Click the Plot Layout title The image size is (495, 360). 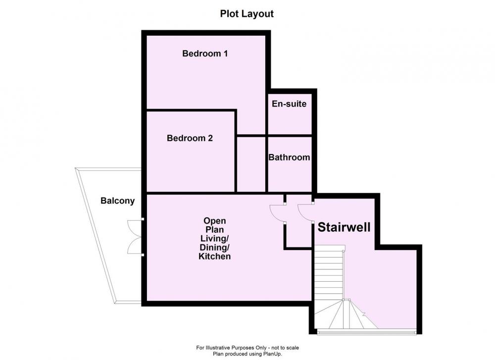tap(247, 14)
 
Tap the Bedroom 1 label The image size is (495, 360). tap(205, 53)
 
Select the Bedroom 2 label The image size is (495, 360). tap(190, 138)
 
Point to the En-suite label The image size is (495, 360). tap(289, 103)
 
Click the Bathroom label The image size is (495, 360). tap(289, 157)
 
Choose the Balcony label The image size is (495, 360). tap(117, 201)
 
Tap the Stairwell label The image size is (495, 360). tap(344, 227)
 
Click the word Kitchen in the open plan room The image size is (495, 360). tap(215, 256)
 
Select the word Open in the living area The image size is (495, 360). tap(215, 221)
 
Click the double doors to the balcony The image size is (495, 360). tap(136, 237)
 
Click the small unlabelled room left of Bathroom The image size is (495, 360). tap(251, 164)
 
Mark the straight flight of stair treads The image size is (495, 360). tap(329, 273)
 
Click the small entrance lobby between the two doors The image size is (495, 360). tap(299, 221)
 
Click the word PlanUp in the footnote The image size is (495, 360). tap(272, 354)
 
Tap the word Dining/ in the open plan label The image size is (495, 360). tap(215, 247)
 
